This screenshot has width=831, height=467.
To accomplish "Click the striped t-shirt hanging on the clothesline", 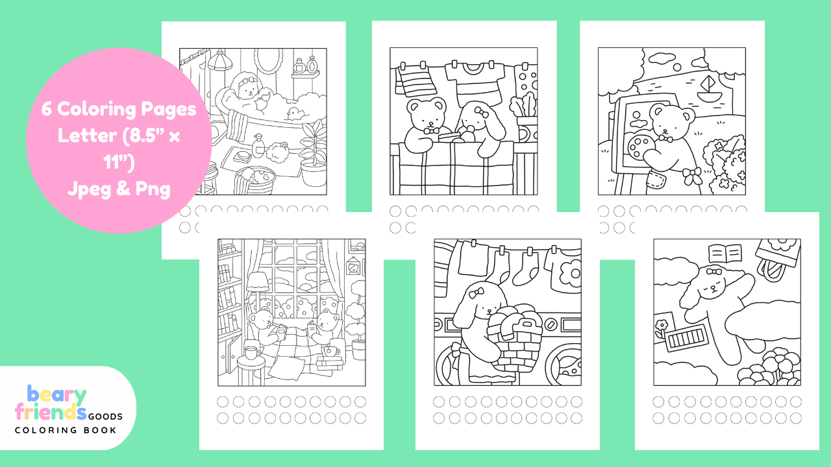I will pos(476,81).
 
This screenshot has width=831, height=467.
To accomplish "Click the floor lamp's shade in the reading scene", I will pos(258,281).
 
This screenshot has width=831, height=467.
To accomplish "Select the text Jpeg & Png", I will pos(118,190).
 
